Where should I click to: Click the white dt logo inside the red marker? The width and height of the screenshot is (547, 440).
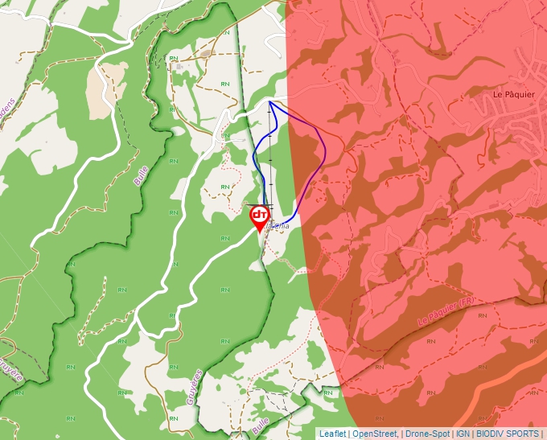coord(260,215)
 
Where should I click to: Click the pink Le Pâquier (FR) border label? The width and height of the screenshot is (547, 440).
coord(446,310)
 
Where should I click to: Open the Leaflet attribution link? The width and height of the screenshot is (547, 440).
coord(333,434)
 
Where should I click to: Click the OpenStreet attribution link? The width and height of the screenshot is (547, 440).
coord(375,434)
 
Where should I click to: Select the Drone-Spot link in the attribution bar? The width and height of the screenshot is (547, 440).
coord(427,434)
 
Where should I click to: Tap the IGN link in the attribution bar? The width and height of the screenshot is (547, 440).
coord(463,434)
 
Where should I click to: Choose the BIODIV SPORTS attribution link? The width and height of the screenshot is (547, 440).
coord(508,434)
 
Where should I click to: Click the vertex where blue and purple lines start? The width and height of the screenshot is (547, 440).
coord(269,101)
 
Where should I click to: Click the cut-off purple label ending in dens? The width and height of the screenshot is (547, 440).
coord(8,107)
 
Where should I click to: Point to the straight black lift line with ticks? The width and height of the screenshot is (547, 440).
coord(270,161)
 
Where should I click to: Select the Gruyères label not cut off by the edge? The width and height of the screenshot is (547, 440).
coord(194,387)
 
